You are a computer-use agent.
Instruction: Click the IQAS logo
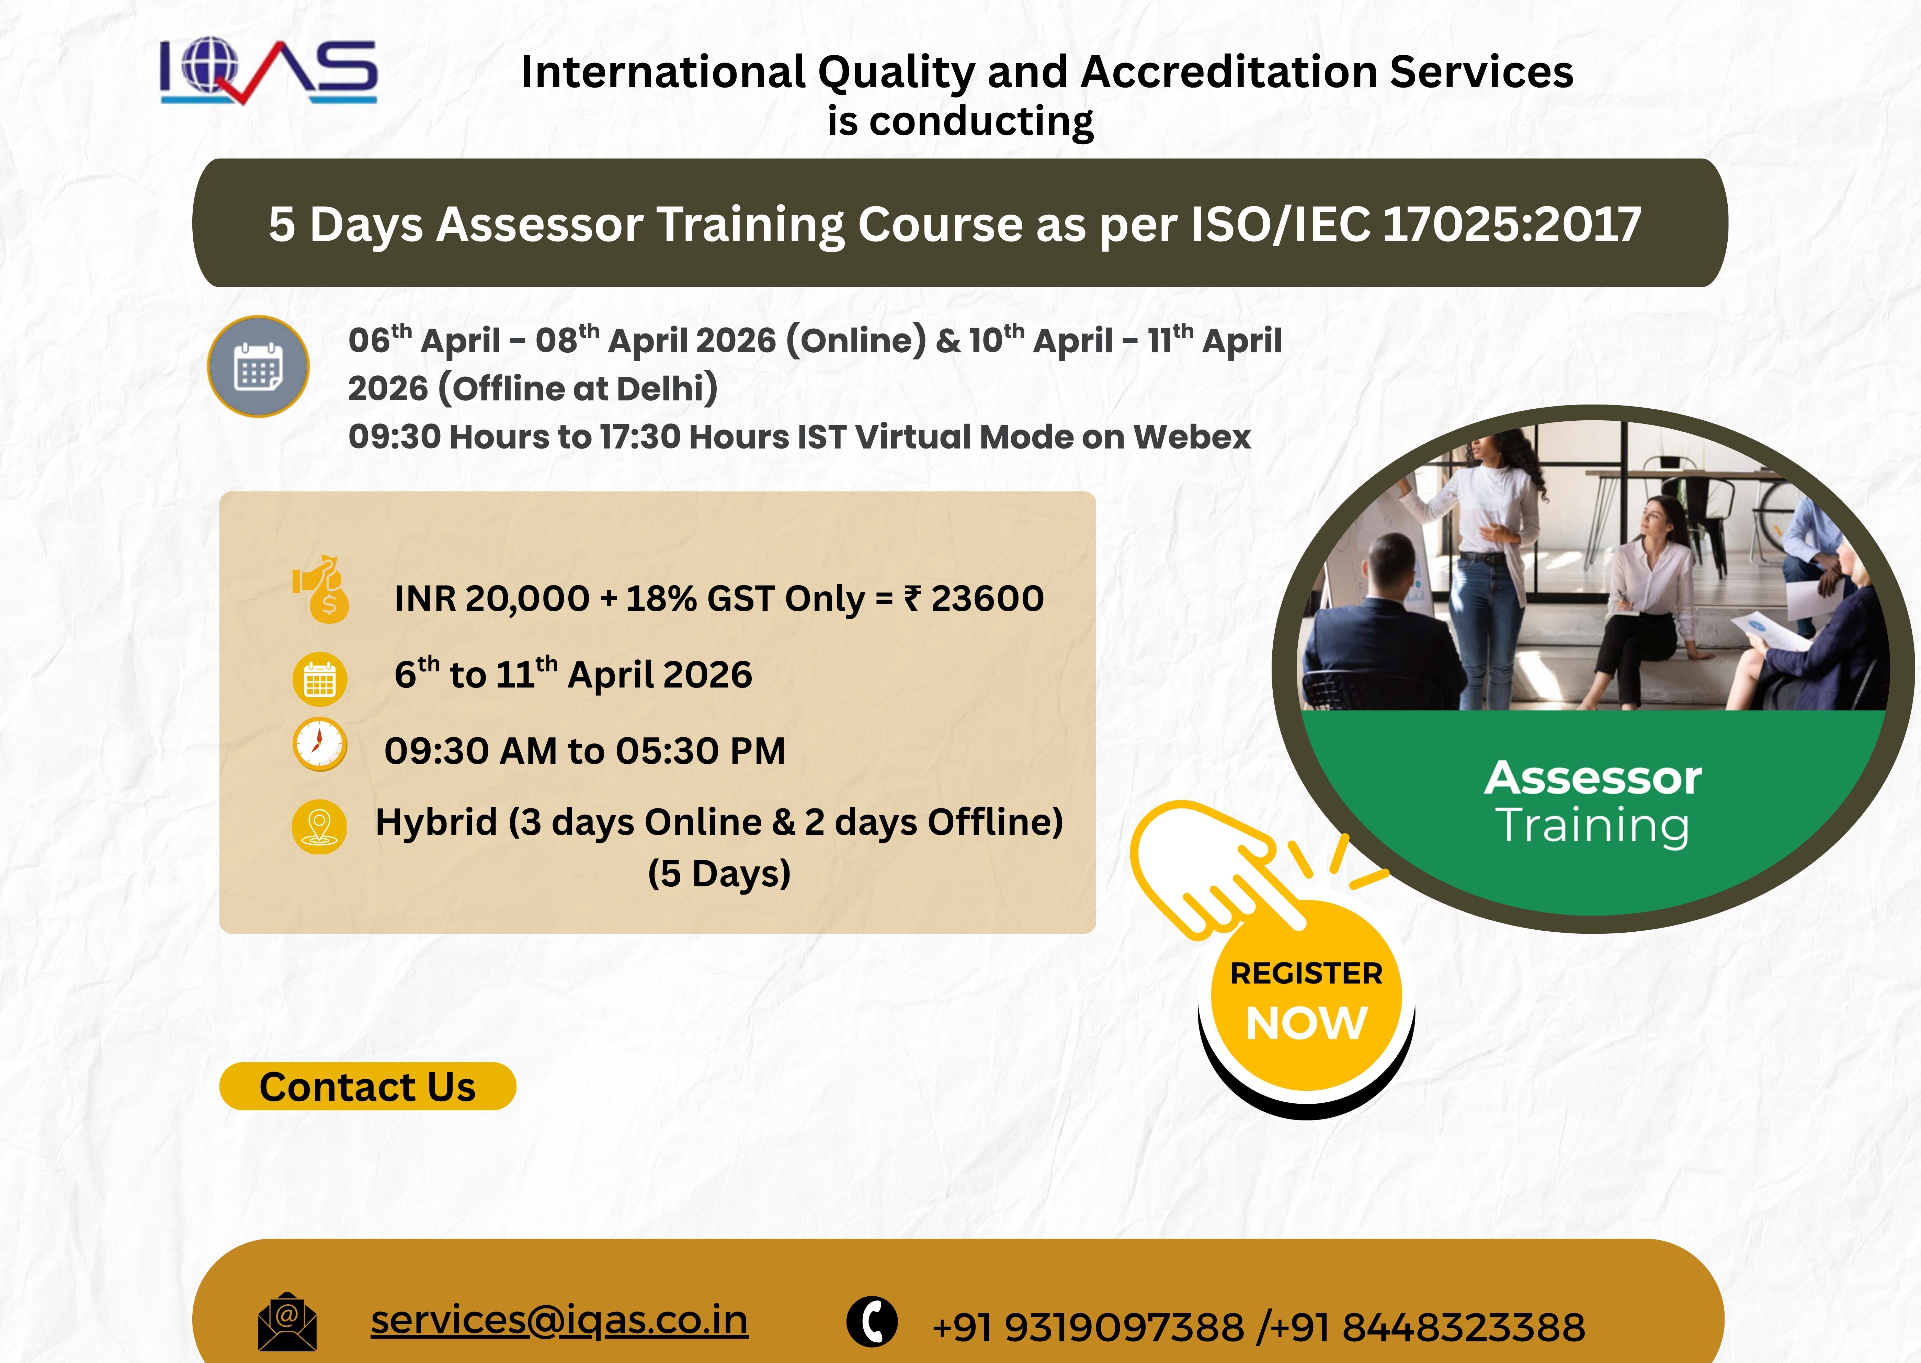[x=269, y=72]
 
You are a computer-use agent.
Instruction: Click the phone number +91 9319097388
[x=1089, y=1327]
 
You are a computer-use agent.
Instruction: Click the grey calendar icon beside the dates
[x=259, y=366]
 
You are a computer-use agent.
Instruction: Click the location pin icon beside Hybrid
[x=319, y=827]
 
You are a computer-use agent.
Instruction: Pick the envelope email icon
[x=287, y=1322]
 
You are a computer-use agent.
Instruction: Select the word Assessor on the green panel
[x=1593, y=778]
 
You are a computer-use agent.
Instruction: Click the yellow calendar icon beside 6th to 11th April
[x=320, y=679]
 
